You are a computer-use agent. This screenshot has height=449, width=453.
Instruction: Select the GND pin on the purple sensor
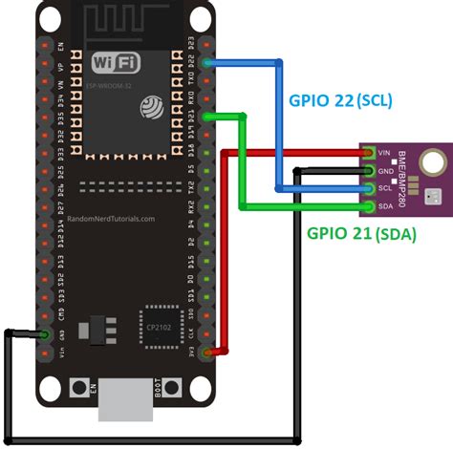(x=369, y=170)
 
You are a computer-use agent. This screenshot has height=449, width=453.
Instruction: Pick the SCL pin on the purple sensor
(x=369, y=188)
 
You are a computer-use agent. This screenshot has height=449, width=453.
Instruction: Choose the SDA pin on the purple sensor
(x=369, y=205)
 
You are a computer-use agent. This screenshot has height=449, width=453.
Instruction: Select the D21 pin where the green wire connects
(x=207, y=116)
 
